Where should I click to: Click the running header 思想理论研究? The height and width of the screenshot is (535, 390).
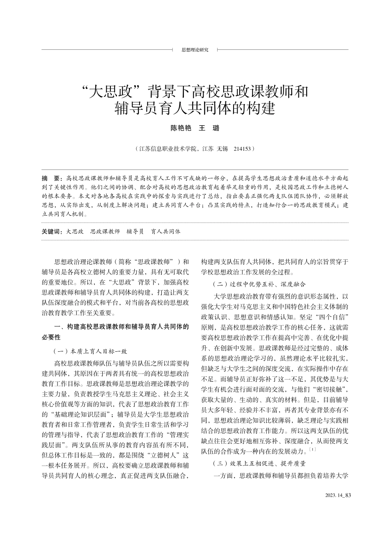(195, 50)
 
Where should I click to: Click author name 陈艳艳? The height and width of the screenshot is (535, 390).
(181, 128)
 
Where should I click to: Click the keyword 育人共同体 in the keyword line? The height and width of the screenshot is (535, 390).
(166, 231)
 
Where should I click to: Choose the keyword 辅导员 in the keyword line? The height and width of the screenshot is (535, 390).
(135, 231)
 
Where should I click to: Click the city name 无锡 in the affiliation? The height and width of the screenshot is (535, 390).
(222, 149)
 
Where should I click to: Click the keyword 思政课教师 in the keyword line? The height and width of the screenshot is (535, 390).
(105, 231)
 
